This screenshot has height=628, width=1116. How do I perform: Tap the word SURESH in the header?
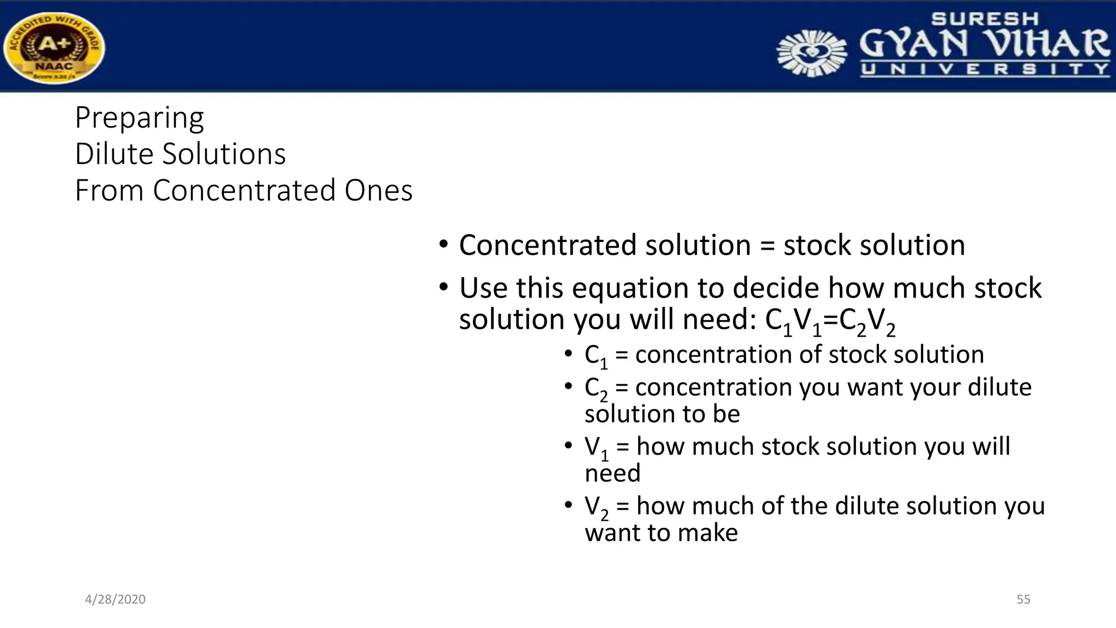(985, 19)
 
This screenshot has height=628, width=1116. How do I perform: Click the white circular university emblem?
(811, 53)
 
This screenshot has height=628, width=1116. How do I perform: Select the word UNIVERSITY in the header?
(985, 69)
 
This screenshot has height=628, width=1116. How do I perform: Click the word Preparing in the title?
(139, 118)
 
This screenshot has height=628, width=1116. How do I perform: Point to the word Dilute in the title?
(114, 154)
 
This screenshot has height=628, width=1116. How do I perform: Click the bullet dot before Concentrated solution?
(444, 244)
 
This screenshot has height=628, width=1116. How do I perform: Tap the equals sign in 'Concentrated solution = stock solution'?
(767, 245)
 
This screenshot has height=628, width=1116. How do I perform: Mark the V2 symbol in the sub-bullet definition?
(596, 508)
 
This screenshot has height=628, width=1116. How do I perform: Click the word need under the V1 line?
(612, 473)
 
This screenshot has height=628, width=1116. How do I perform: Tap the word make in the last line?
(708, 533)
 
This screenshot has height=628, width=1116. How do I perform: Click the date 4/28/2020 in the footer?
(115, 600)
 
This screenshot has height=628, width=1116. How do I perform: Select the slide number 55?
(1023, 600)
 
